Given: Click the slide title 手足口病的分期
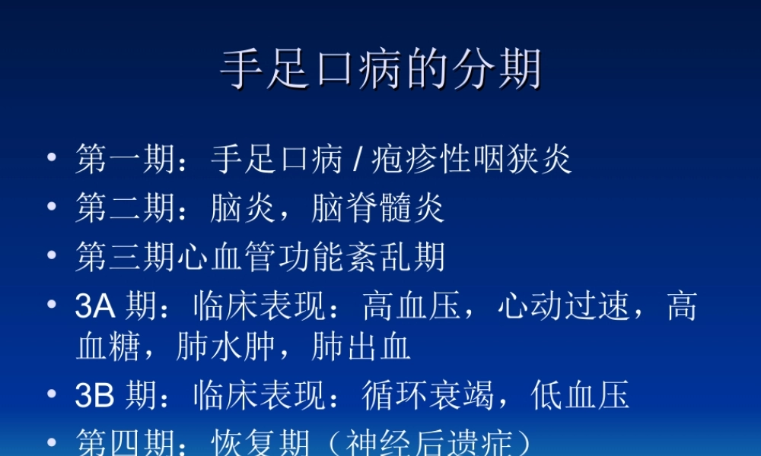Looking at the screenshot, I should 380,70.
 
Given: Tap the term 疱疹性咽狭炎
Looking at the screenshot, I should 472,160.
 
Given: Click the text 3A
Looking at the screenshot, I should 94,307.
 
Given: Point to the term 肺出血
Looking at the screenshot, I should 362,347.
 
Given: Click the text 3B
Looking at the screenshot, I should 94,396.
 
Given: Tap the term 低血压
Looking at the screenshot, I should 581,396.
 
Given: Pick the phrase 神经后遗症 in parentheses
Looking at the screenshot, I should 429,443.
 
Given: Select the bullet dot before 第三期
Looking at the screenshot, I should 52,255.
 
